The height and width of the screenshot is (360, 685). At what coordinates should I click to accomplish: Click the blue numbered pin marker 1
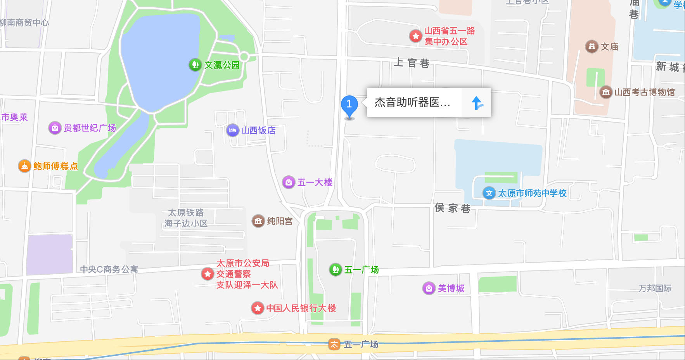(349, 105)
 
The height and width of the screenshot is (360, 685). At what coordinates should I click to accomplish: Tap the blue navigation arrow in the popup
(477, 103)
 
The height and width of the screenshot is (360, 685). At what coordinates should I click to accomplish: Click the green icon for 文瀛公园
(195, 64)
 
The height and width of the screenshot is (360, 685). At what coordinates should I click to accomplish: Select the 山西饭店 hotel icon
(232, 130)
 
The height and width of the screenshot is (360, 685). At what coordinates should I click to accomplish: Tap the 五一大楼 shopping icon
(289, 182)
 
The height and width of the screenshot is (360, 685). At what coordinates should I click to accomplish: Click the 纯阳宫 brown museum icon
(258, 221)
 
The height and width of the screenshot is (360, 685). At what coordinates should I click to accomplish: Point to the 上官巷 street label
(412, 63)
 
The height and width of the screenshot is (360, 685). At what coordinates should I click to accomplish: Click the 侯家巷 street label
(452, 208)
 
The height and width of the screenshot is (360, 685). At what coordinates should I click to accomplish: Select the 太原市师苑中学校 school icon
(489, 193)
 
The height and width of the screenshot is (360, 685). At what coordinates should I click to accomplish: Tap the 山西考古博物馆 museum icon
(606, 92)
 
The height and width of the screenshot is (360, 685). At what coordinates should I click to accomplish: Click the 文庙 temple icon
(592, 47)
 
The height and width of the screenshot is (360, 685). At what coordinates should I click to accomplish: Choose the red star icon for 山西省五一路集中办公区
(416, 36)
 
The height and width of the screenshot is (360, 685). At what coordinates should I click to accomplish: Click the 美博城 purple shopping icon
(429, 288)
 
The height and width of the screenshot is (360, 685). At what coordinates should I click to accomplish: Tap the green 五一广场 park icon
(335, 269)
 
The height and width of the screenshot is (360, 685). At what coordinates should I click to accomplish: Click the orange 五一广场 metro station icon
(334, 344)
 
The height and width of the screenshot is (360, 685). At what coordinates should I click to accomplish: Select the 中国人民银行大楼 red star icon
(258, 308)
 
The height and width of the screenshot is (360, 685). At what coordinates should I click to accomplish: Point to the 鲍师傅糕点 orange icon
(24, 166)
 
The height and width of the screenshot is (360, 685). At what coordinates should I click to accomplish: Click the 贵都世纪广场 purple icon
(55, 128)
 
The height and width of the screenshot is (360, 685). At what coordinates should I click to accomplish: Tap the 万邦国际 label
(655, 288)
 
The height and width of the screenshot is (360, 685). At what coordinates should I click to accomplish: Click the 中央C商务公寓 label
(109, 269)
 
